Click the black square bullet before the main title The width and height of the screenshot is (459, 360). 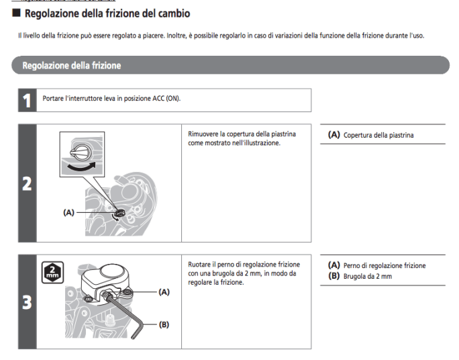click(x=17, y=13)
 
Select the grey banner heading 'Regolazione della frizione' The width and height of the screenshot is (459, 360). click(x=71, y=66)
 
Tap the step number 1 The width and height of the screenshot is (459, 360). click(x=27, y=101)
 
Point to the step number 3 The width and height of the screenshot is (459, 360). click(x=27, y=302)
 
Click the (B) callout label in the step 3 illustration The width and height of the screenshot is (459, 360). click(x=164, y=324)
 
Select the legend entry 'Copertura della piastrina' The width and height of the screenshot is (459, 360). click(x=378, y=136)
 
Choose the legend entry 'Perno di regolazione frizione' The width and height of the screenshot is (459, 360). click(x=384, y=266)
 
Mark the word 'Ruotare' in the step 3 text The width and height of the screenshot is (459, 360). click(x=201, y=264)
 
